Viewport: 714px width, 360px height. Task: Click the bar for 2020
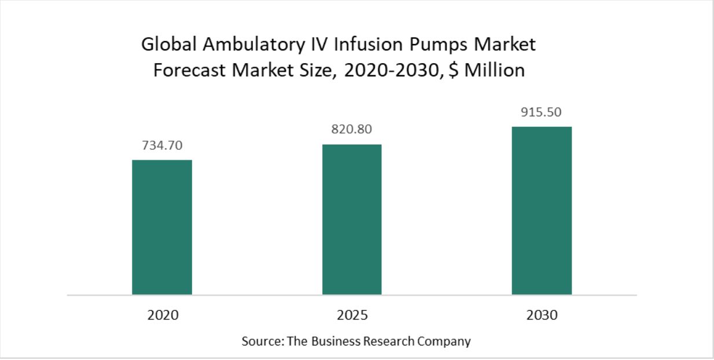pos(162,227)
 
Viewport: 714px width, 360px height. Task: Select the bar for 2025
pos(352,219)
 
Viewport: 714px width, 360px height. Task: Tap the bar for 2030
pos(542,210)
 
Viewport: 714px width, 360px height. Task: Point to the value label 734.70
pos(162,145)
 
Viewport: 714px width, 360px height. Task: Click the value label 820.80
pos(352,130)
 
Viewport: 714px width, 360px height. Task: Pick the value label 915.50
pos(542,112)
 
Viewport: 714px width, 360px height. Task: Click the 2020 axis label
pos(162,315)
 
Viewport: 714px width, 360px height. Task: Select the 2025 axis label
pos(352,315)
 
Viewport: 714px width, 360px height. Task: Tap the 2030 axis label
pos(542,315)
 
